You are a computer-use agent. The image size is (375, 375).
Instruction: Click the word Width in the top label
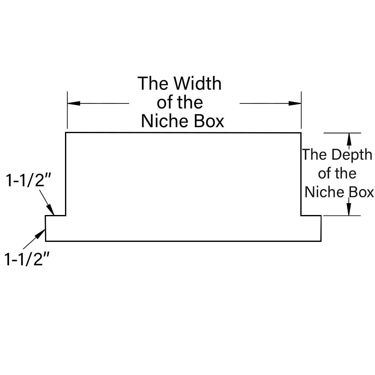(x=198, y=83)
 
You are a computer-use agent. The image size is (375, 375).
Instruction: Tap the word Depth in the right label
(x=352, y=155)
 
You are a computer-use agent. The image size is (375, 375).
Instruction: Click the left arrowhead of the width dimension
(x=74, y=103)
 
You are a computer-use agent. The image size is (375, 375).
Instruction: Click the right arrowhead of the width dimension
(x=295, y=103)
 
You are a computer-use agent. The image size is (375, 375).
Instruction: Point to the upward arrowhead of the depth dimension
(x=349, y=139)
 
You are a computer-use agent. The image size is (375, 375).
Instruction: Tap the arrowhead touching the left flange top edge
(x=51, y=210)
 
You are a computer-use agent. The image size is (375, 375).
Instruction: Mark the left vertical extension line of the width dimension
(x=67, y=110)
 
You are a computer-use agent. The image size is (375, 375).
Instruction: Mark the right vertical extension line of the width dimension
(x=301, y=110)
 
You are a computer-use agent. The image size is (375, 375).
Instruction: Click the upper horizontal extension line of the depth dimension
(x=342, y=133)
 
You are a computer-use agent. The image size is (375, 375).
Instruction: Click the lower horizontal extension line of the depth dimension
(x=342, y=216)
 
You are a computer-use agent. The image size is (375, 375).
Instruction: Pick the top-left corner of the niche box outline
(x=66, y=133)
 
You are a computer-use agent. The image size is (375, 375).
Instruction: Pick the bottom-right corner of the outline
(x=321, y=241)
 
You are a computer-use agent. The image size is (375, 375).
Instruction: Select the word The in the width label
(x=153, y=83)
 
